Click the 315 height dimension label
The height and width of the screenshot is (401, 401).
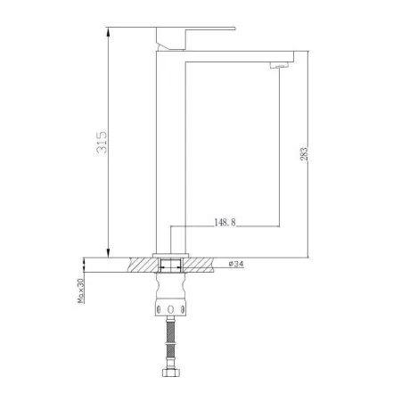point(102,142)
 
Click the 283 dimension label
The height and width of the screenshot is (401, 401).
point(304,154)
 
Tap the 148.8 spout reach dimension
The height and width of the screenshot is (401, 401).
point(225,222)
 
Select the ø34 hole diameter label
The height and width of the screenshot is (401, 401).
point(236,264)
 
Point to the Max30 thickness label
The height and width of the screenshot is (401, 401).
point(81,291)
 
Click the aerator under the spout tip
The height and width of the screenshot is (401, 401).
point(280,65)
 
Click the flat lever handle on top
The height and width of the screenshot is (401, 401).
point(196,29)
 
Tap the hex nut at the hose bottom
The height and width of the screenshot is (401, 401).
point(171,372)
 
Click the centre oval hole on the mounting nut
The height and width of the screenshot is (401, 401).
point(170,309)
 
